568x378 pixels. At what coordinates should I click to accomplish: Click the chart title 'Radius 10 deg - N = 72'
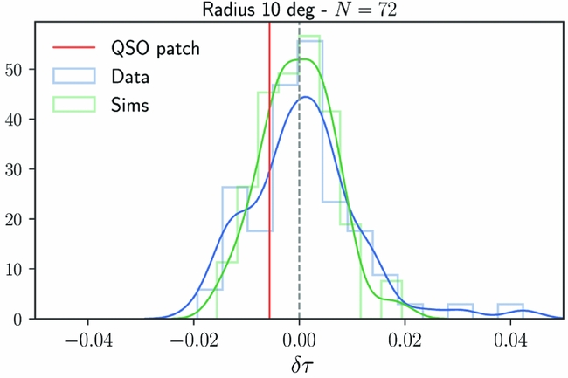pos(300,10)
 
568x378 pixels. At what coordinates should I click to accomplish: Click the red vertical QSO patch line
pos(269,175)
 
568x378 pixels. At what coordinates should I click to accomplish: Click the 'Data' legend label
pos(129,76)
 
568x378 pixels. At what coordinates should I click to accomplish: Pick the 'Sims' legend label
pos(129,105)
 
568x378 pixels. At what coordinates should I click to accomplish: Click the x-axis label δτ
pos(300,365)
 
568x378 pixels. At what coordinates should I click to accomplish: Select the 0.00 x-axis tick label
pos(300,338)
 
